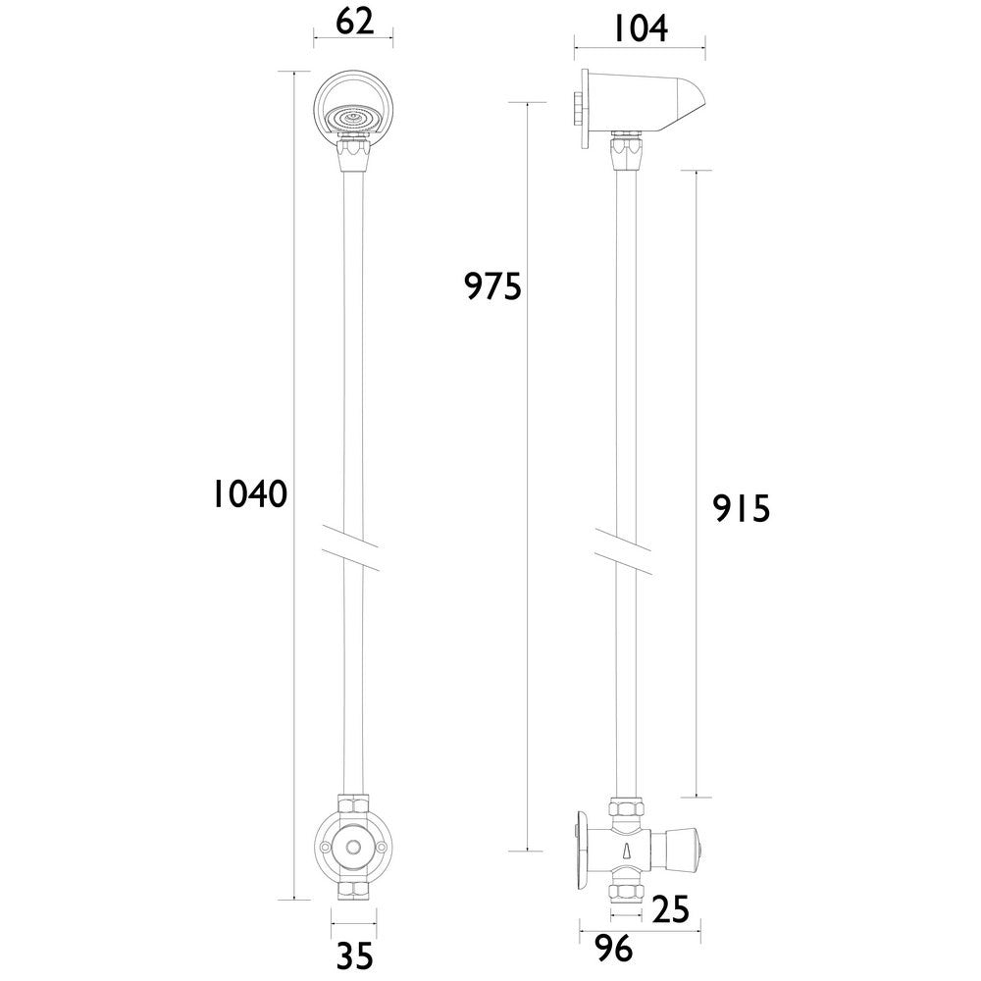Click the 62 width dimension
(353, 22)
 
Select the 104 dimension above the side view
(640, 28)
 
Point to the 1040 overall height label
(250, 494)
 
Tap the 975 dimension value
(492, 286)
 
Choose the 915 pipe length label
(742, 508)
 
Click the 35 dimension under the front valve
(354, 955)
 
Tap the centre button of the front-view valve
(352, 847)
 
